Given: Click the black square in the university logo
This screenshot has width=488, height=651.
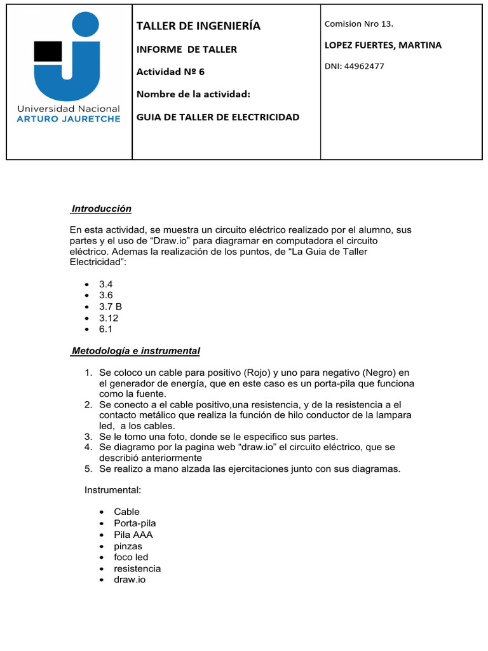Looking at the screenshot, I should (x=48, y=51).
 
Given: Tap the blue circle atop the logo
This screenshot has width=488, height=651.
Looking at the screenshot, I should (x=86, y=24).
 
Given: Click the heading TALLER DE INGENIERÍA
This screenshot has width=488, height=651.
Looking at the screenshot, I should (x=198, y=26).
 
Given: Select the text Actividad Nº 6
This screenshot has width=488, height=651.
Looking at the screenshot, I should (x=170, y=71).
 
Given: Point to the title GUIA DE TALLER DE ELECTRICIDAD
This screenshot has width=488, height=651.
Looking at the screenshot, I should (x=218, y=117).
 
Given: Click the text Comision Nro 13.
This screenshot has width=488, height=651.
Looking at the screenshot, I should (x=358, y=24).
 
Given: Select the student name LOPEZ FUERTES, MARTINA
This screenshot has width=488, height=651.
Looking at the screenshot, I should (x=383, y=45).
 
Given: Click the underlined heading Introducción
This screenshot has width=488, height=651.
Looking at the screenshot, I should (x=101, y=209).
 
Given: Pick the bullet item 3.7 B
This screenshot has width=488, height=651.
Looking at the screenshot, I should (x=110, y=306).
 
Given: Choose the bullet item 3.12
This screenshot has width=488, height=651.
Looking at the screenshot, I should (x=109, y=318).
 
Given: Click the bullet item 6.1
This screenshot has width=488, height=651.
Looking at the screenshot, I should (x=105, y=329).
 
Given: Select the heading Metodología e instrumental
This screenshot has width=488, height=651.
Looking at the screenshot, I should (x=135, y=351).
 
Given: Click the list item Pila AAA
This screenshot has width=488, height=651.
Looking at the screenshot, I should (x=133, y=535).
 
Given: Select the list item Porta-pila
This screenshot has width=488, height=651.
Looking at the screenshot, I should (x=135, y=523).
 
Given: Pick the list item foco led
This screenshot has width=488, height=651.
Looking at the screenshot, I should (x=131, y=557).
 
